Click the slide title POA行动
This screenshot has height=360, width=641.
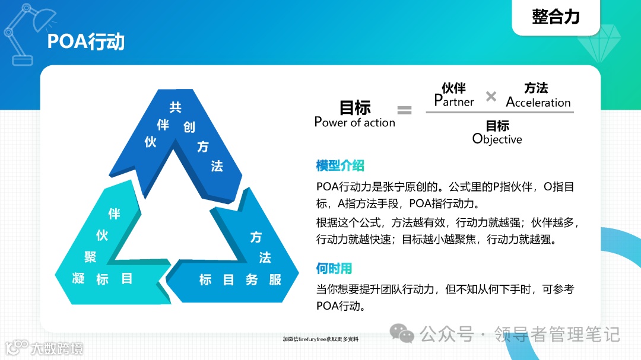click(86, 42)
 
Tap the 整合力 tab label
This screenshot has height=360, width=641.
click(556, 17)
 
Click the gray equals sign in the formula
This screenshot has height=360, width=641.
click(404, 110)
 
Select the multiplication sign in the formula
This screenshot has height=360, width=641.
click(491, 96)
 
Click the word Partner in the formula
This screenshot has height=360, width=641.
click(454, 101)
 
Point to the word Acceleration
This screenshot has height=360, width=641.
click(538, 102)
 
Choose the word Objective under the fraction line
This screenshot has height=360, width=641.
click(497, 139)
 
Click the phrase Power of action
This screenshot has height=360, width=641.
click(354, 123)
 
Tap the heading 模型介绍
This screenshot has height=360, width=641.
click(340, 165)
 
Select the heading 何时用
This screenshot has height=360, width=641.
click(334, 269)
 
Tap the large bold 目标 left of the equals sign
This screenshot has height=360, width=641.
click(355, 107)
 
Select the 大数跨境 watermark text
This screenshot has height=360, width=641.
click(57, 348)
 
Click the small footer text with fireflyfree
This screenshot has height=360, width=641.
click(320, 339)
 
